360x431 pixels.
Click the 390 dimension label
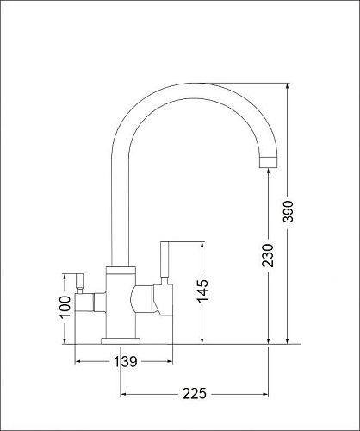(x=288, y=211)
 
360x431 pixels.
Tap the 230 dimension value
(x=268, y=255)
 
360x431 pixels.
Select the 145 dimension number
(x=202, y=291)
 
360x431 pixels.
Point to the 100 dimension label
(x=65, y=306)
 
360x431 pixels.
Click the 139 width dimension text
(x=126, y=361)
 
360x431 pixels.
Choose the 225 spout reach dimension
(x=195, y=394)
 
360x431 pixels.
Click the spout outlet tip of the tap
(x=269, y=163)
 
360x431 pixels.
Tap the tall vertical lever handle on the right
(x=164, y=259)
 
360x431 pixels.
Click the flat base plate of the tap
(x=121, y=341)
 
